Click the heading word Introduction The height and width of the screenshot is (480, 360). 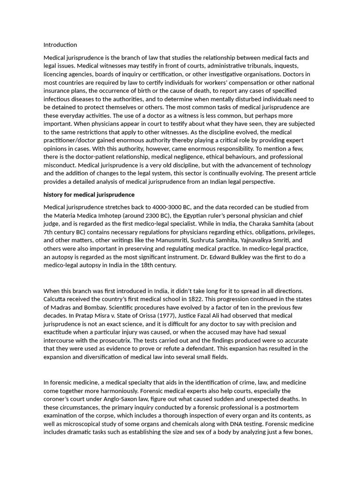60,45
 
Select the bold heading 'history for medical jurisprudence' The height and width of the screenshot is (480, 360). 89,195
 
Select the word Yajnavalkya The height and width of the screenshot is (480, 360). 261,240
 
